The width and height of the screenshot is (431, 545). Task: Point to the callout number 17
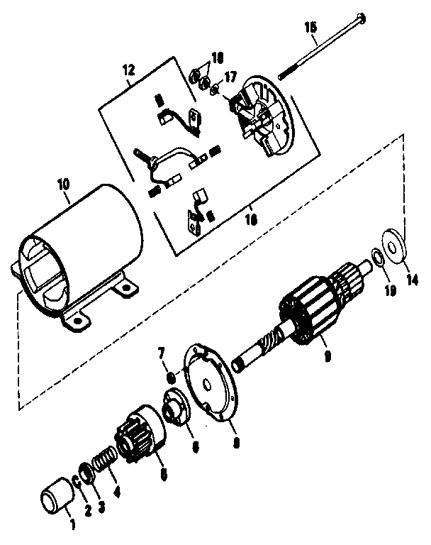tap(230, 77)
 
